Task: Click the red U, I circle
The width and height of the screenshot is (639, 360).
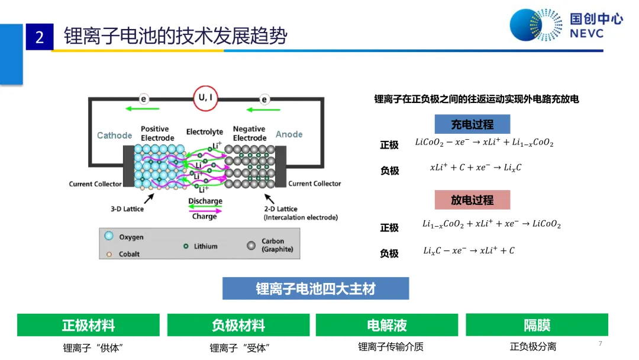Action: click(x=205, y=98)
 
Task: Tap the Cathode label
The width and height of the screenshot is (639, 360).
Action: click(x=115, y=136)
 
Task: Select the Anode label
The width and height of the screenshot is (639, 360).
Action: click(x=289, y=134)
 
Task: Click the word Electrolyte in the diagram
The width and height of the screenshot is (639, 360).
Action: click(x=205, y=131)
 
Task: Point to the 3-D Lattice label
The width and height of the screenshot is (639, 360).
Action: click(x=127, y=209)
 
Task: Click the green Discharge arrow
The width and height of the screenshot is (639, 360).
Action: click(x=205, y=207)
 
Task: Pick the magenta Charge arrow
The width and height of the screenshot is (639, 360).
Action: click(x=205, y=211)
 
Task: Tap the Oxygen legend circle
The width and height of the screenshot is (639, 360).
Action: click(x=109, y=236)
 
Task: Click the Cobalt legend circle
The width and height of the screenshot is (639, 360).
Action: click(x=109, y=255)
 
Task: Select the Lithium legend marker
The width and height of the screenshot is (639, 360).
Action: click(x=186, y=246)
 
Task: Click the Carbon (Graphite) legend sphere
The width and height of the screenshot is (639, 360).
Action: click(x=251, y=246)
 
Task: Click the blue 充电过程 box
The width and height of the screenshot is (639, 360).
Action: click(x=472, y=124)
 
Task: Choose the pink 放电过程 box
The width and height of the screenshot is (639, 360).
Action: click(x=472, y=200)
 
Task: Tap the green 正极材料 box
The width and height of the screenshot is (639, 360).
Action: click(x=88, y=325)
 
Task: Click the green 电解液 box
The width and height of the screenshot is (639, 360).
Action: click(x=387, y=325)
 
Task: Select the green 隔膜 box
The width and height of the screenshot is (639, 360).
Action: click(x=537, y=325)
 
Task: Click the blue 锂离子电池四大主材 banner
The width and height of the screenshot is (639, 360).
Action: click(x=315, y=289)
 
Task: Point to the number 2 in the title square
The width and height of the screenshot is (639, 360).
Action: click(x=40, y=37)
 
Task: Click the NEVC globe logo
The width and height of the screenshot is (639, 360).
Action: click(x=535, y=25)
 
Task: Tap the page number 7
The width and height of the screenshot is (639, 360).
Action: click(x=601, y=343)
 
